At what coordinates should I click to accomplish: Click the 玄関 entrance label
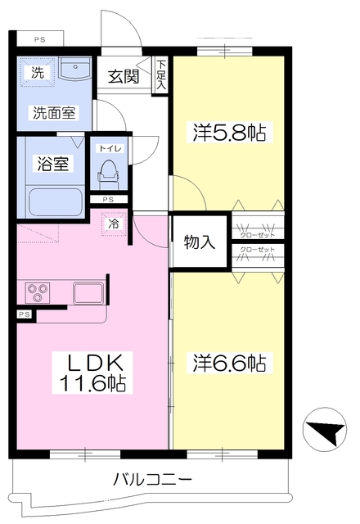(x=124, y=76)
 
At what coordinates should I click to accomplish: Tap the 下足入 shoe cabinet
(x=161, y=75)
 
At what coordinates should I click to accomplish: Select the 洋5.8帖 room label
(x=229, y=133)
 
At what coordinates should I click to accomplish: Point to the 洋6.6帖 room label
(x=229, y=363)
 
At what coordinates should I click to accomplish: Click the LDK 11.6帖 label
(x=92, y=373)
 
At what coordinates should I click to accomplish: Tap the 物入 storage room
(x=200, y=242)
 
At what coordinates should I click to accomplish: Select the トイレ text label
(x=109, y=148)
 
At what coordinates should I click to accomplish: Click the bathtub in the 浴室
(x=56, y=202)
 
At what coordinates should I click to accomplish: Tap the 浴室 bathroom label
(x=52, y=164)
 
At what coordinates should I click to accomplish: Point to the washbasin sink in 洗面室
(x=74, y=69)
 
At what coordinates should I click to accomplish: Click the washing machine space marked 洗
(x=38, y=72)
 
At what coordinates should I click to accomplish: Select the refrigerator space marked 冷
(x=114, y=224)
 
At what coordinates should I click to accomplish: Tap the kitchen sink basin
(x=88, y=293)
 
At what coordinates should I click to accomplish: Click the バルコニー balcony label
(x=153, y=480)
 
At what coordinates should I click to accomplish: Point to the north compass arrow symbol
(x=325, y=429)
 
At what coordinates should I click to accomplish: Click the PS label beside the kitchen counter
(x=25, y=314)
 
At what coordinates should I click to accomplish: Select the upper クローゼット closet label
(x=258, y=235)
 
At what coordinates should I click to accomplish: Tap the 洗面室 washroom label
(x=54, y=113)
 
